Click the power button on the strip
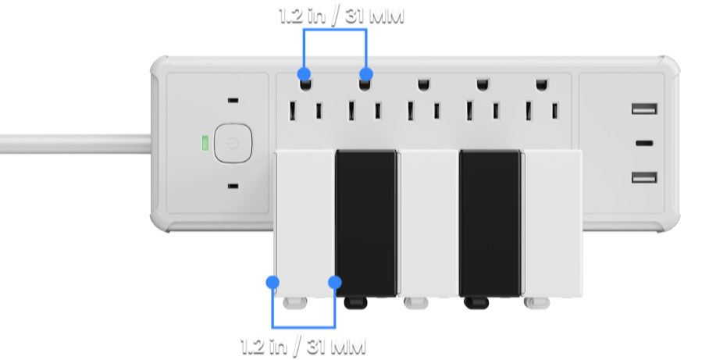click(233, 144)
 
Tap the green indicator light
click(205, 143)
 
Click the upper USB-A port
click(644, 109)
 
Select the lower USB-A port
click(644, 177)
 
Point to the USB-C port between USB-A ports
click(644, 144)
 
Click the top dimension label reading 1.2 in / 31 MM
click(341, 16)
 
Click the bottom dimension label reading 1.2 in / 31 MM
click(303, 347)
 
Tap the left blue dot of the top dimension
click(304, 73)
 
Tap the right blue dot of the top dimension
click(365, 73)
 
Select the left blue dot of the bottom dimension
click(273, 282)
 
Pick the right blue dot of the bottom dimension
click(335, 282)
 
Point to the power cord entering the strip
click(76, 144)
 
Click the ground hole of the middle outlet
click(424, 84)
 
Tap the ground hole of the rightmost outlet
click(542, 84)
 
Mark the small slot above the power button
click(233, 101)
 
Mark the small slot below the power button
click(233, 186)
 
